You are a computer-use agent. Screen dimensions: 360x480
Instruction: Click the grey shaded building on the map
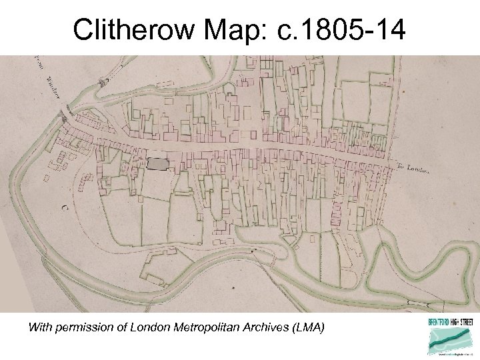tap(157, 163)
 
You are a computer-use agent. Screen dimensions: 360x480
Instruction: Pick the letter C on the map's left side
tap(65, 207)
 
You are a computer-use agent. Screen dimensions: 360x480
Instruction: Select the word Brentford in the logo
tap(439, 322)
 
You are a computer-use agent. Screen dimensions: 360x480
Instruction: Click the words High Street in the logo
tap(460, 322)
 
